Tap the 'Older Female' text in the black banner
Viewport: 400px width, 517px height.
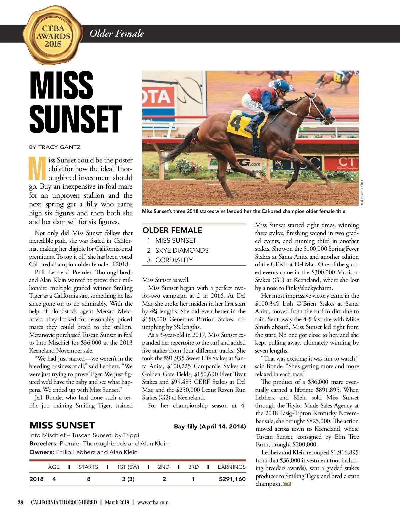[x=117, y=33]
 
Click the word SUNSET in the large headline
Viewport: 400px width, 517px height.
[x=76, y=119]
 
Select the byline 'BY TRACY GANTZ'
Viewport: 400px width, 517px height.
[x=55, y=147]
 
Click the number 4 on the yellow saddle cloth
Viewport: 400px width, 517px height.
[x=235, y=124]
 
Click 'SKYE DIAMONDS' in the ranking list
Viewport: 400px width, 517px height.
[x=182, y=250]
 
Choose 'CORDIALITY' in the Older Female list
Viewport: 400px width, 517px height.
[x=174, y=260]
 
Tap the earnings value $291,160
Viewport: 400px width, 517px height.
[x=232, y=479]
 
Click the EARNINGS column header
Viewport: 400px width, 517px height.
[x=231, y=467]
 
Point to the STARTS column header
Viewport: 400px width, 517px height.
[x=88, y=467]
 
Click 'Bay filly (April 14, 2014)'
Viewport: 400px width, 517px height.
[x=210, y=426]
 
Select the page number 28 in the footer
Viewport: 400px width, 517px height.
[x=20, y=502]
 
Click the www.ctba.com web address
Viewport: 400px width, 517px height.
[x=153, y=502]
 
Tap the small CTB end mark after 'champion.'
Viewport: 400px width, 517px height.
[x=287, y=484]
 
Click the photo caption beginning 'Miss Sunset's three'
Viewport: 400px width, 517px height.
[x=243, y=211]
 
